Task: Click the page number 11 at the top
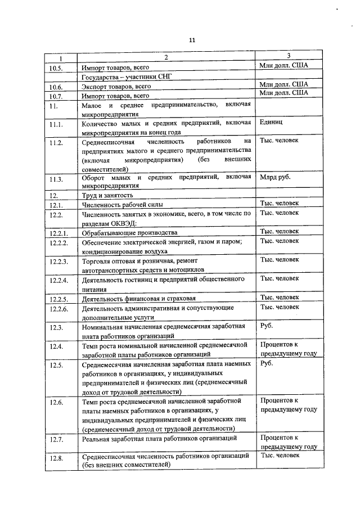[x=191, y=40]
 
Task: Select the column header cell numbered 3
[x=288, y=56]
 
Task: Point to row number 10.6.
[x=56, y=87]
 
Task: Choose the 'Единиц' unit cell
[x=272, y=121]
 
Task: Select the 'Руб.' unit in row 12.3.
[x=266, y=325]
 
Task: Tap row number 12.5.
[x=56, y=366]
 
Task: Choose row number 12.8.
[x=56, y=458]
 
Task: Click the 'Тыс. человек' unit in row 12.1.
[x=280, y=203]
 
